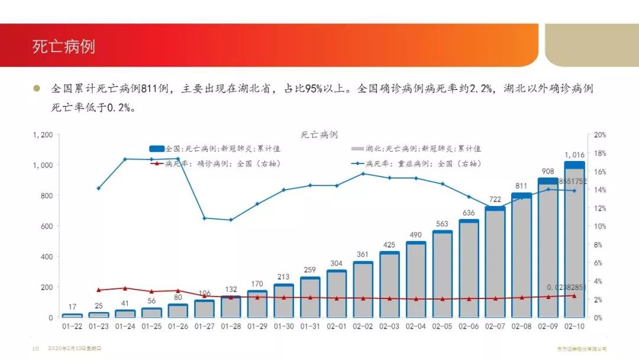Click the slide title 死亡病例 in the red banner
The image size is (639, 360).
pos(64,47)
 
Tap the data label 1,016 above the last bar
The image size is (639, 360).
pos(575,155)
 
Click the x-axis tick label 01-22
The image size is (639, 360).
pos(72,326)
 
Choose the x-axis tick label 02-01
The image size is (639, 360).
pos(336,326)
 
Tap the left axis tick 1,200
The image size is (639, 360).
pos(43,135)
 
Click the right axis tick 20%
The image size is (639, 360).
pos(600,135)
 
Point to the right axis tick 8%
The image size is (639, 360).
pos(598,245)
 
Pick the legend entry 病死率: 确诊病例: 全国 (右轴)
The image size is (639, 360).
pos(222,163)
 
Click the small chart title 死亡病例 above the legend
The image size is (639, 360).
pos(319,135)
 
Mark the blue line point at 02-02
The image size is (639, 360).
pos(363,173)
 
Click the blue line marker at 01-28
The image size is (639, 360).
pos(231,220)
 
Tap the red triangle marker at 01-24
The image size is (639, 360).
pos(125,288)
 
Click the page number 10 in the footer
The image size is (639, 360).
pos(35,349)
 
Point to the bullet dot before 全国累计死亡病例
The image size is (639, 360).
pos(37,89)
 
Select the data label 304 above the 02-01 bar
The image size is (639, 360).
pos(336,263)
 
